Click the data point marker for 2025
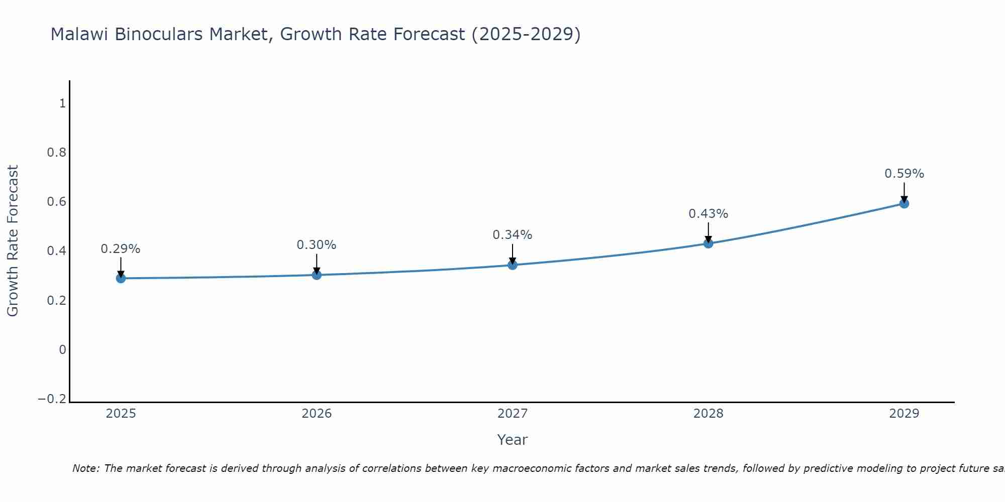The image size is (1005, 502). click(121, 278)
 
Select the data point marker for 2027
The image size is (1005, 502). click(513, 265)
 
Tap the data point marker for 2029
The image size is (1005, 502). click(904, 203)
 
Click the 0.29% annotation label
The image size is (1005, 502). click(121, 249)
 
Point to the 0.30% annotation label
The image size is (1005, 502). click(317, 245)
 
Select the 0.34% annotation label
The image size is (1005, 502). click(513, 235)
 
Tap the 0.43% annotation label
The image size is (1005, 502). click(708, 214)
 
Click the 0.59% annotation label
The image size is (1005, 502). click(904, 174)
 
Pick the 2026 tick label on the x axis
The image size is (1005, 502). click(317, 414)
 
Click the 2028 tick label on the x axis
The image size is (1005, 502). click(708, 414)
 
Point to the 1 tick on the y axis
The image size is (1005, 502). click(62, 103)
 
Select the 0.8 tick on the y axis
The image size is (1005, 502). click(56, 153)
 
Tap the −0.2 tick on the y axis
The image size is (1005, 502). click(52, 399)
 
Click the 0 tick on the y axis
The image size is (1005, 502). click(62, 350)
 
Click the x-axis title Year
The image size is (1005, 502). click(512, 440)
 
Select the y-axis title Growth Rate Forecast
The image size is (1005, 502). click(13, 241)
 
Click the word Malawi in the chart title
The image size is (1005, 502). click(80, 35)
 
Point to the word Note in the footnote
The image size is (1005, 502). click(86, 469)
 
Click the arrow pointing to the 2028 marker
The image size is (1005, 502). click(708, 232)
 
